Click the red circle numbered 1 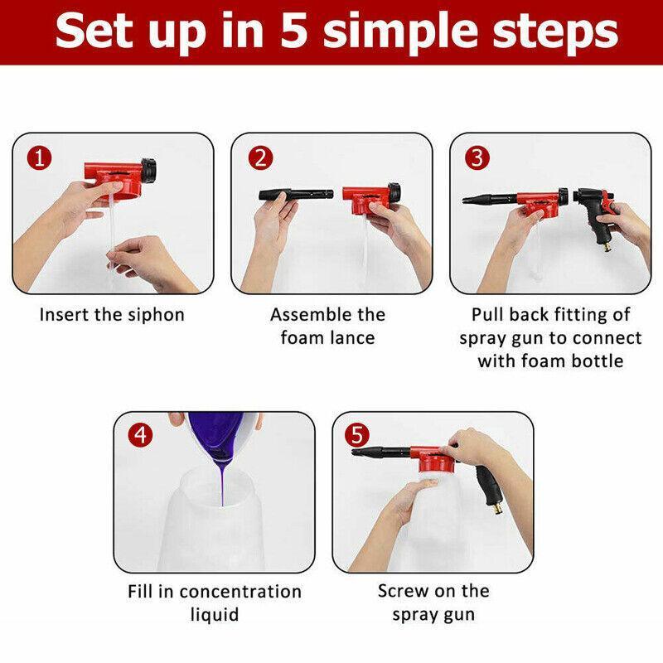tap(39, 158)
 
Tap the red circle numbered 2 tap(260, 158)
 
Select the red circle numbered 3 tap(477, 157)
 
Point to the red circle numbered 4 tap(140, 434)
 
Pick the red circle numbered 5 tap(357, 435)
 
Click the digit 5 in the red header tap(294, 31)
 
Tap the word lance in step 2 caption tap(353, 338)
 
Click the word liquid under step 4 tap(215, 615)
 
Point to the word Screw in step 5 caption tap(403, 591)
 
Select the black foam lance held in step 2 tap(296, 195)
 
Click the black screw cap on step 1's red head tap(149, 171)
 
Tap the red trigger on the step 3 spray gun tap(608, 201)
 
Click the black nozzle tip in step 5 tap(358, 452)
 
